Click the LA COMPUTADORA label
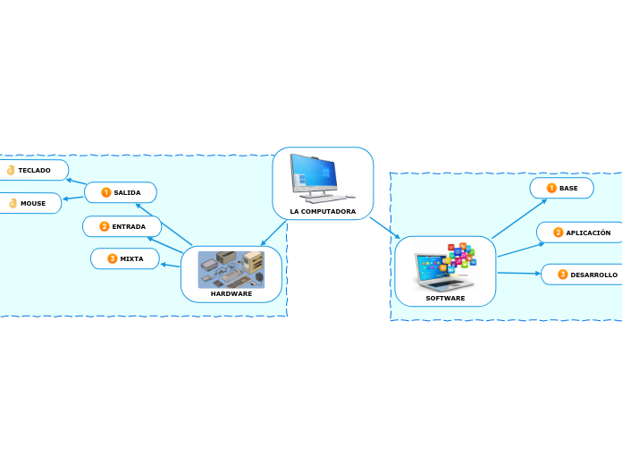coord(323,212)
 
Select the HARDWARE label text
coord(231,293)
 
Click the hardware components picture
coord(231,268)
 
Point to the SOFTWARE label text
coord(445,298)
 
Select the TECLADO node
coord(34,170)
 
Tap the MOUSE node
coord(32,203)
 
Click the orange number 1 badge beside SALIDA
coord(106,192)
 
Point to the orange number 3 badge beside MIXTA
coord(113,258)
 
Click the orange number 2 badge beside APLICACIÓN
coord(559,232)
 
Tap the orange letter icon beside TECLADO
coord(11,170)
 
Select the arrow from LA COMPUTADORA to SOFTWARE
coord(384,228)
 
